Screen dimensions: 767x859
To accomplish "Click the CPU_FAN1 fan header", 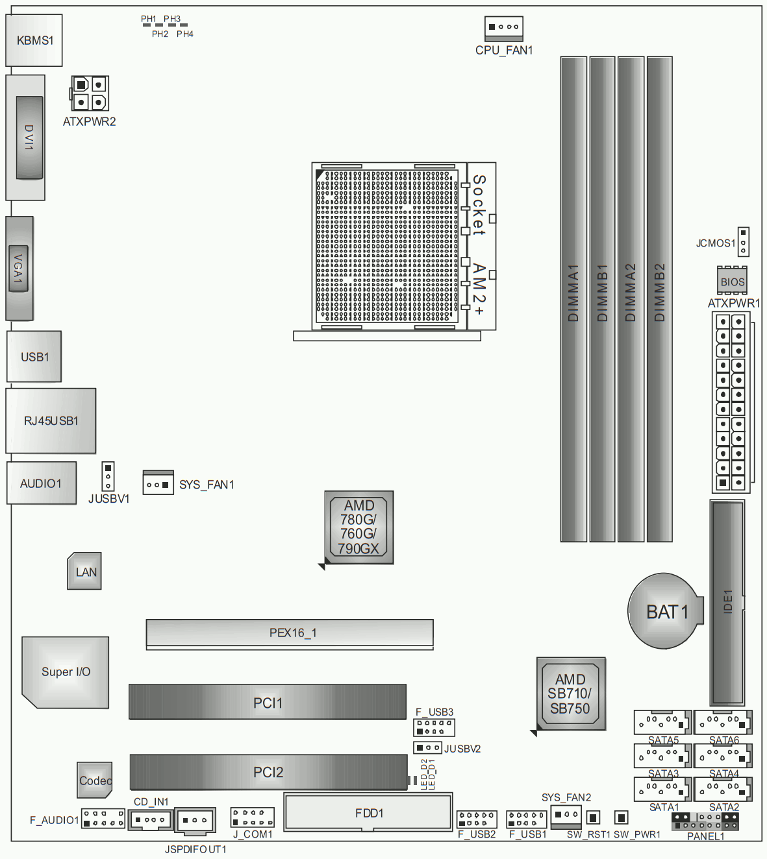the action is pos(503,29).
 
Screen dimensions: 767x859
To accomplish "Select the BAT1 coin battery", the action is pos(664,611).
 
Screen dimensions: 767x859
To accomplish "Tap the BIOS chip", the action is pos(732,281).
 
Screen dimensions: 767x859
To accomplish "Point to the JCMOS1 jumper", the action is pos(743,241).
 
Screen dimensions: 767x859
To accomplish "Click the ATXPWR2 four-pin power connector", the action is pos(89,93).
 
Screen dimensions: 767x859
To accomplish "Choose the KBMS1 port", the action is pos(34,40).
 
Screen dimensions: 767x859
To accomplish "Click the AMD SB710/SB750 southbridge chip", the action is pos(570,694).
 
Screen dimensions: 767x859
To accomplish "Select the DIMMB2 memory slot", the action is pos(659,299).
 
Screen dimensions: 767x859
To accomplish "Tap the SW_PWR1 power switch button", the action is pos(621,817).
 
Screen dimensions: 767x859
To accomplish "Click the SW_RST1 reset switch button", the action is pos(593,817).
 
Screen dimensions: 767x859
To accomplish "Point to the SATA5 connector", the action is pos(662,722).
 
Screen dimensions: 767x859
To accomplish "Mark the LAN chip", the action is pos(84,571).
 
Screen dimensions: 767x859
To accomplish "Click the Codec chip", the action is pos(95,780).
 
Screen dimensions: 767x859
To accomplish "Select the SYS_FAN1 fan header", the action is pos(158,483).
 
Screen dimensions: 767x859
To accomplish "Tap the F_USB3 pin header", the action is pos(434,727).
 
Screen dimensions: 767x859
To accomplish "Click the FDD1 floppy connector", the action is pos(368,812).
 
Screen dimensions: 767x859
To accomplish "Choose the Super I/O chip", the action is pos(66,672).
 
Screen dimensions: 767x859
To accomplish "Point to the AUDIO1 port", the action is pos(41,483).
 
